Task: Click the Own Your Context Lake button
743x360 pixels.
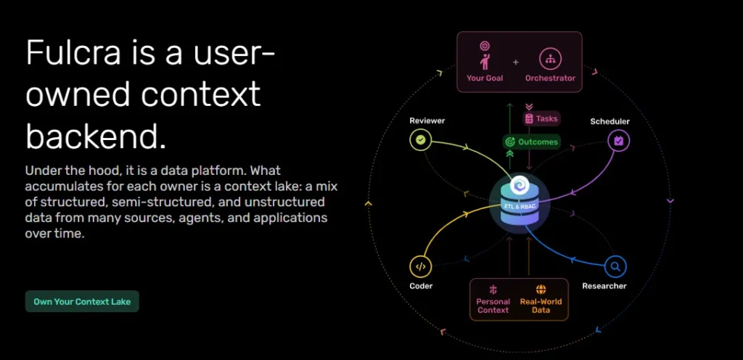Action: tap(82, 301)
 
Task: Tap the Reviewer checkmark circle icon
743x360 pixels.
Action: tap(420, 140)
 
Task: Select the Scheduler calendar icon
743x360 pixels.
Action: tap(619, 140)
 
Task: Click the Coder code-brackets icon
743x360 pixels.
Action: tap(420, 266)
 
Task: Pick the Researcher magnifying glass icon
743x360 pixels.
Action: tap(615, 266)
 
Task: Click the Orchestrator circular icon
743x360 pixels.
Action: tap(550, 60)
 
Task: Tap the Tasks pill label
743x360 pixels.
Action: tap(541, 118)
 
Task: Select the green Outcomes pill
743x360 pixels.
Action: tap(532, 142)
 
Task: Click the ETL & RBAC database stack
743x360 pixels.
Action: tap(520, 204)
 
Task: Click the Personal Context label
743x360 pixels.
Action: tap(493, 306)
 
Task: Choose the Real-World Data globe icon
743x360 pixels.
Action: tap(541, 290)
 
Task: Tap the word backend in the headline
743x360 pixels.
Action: tap(96, 136)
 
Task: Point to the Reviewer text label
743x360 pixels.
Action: tap(427, 120)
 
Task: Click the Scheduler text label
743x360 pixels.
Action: tap(609, 122)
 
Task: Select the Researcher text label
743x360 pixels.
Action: tap(604, 286)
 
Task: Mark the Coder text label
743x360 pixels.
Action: tap(422, 286)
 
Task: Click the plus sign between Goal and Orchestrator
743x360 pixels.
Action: tap(516, 62)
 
